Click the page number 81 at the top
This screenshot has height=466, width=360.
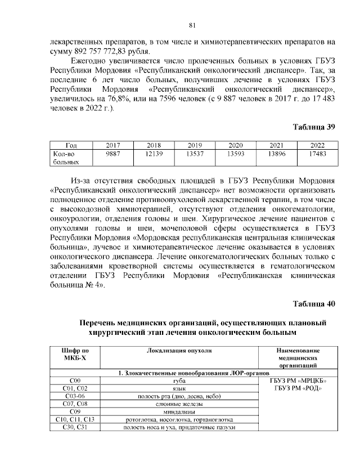click(x=192, y=25)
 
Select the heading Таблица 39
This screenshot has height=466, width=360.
click(x=313, y=127)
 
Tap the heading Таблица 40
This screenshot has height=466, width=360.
click(x=313, y=304)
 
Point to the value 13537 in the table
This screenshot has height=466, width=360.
click(x=191, y=153)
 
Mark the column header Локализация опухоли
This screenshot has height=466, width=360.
click(x=179, y=350)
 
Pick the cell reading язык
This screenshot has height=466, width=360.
click(x=179, y=389)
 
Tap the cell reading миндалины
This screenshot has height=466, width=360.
click(x=179, y=413)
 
